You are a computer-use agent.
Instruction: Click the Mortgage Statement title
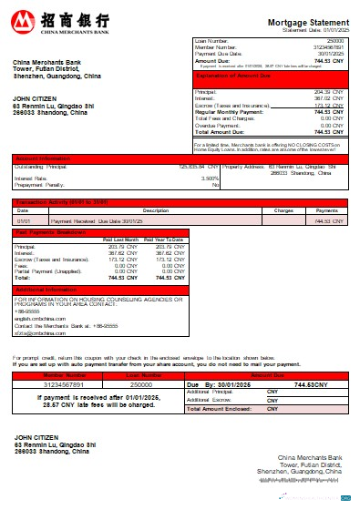pos(307,21)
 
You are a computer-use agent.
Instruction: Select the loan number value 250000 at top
pos(334,41)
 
